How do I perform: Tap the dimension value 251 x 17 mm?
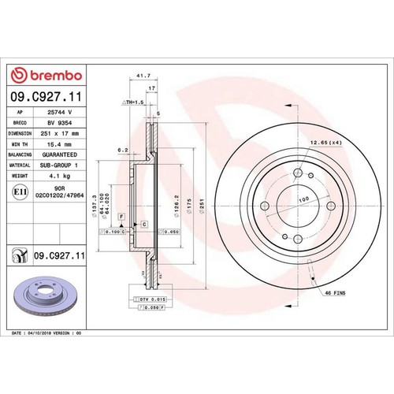pyautogui.click(x=61, y=135)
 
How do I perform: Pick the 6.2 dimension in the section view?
pyautogui.click(x=123, y=148)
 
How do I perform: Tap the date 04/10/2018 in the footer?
pyautogui.click(x=50, y=333)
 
